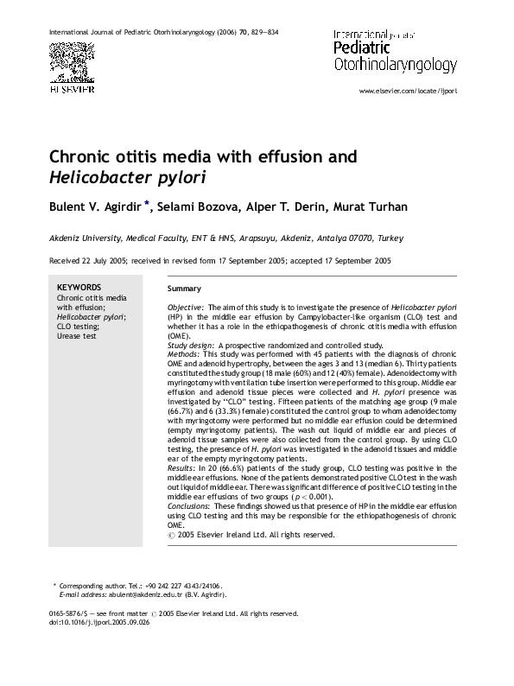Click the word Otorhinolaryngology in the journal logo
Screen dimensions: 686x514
point(396,65)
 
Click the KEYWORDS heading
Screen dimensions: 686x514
point(79,288)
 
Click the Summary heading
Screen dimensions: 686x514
point(184,289)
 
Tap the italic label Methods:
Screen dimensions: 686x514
point(184,355)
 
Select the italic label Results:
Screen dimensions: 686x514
point(182,467)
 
